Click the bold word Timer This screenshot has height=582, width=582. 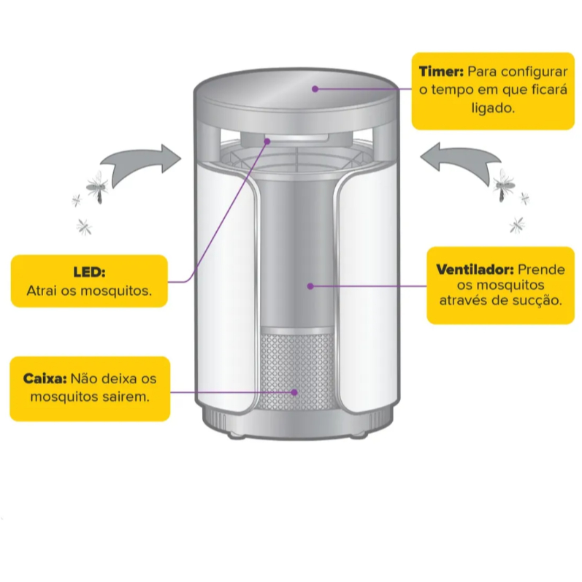pos(441,72)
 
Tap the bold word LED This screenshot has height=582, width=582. pos(89,272)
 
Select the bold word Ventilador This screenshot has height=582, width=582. pos(475,269)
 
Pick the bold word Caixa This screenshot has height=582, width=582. pos(45,378)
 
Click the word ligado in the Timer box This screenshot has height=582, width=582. pos(493,108)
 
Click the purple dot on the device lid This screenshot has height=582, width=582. pos(315,89)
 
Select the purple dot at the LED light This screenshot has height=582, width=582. pos(267,142)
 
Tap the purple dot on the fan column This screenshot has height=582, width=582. pos(310,286)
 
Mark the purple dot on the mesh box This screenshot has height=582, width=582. pos(294,392)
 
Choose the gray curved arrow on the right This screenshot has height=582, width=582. pos(462,159)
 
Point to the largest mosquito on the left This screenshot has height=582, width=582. pos(98,187)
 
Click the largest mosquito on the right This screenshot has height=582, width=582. pos(504,185)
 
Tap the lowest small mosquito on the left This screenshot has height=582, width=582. pos(84,227)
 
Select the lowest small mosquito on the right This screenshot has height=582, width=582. pos(517,226)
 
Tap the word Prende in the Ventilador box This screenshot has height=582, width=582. pos(541,269)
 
